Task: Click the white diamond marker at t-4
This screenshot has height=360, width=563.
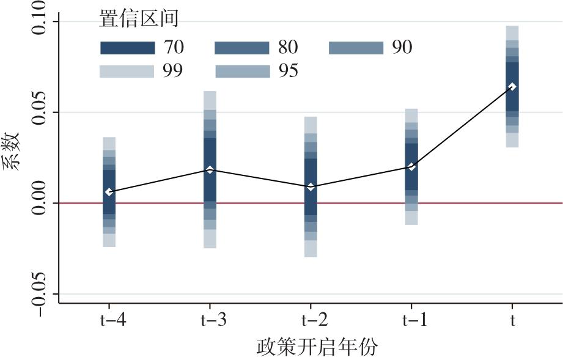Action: (109, 192)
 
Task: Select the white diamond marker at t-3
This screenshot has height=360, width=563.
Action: (210, 169)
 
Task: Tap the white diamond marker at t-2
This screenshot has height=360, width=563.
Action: (311, 186)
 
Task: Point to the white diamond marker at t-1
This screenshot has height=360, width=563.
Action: (411, 167)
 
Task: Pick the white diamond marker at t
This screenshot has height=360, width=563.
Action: (512, 87)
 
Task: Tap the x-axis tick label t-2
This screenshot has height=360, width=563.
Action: (311, 320)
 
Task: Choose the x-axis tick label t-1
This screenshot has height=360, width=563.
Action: (411, 320)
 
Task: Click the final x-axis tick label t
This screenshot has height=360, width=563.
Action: (512, 320)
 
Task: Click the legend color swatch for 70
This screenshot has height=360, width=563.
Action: (127, 48)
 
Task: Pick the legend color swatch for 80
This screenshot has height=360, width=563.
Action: (242, 48)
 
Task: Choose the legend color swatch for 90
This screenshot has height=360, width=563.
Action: (356, 48)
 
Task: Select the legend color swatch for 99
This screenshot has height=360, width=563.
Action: (127, 72)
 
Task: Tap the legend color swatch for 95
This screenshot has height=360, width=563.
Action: (242, 72)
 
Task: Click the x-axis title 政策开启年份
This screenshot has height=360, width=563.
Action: (317, 348)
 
